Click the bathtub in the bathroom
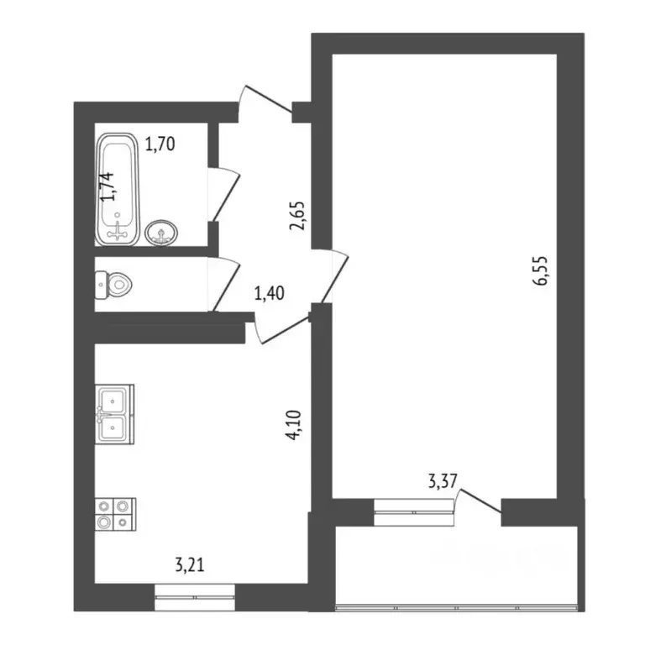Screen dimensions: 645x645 pyautogui.click(x=118, y=190)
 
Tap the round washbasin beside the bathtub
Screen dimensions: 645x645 pyautogui.click(x=160, y=233)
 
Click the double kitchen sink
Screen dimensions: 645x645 pyautogui.click(x=114, y=414)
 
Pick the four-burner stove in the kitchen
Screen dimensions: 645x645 pyautogui.click(x=116, y=512)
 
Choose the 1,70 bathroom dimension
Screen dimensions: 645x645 pyautogui.click(x=160, y=144)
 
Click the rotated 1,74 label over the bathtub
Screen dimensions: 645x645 pyautogui.click(x=107, y=186)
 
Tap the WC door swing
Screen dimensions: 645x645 pyautogui.click(x=224, y=284)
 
